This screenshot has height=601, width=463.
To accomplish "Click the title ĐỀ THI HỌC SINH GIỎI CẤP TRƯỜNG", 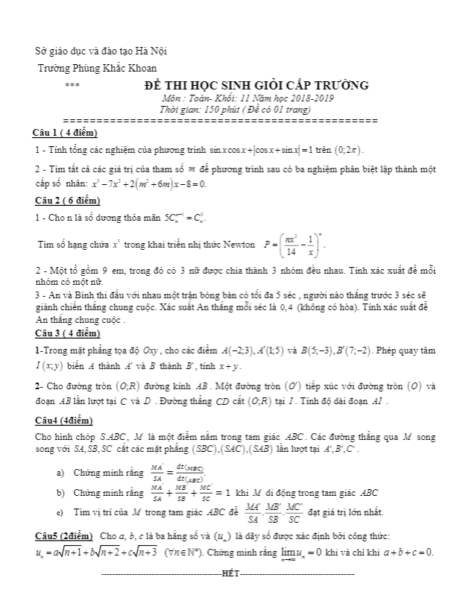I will [x=256, y=86].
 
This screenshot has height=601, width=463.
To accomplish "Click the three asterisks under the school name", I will [x=72, y=86].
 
